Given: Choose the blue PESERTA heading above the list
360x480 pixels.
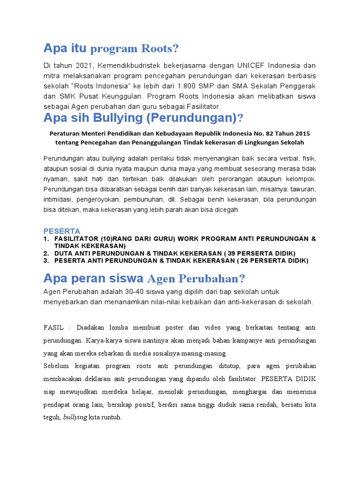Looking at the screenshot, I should pos(62,231).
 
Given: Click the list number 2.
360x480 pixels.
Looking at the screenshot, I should pos(46,253).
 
